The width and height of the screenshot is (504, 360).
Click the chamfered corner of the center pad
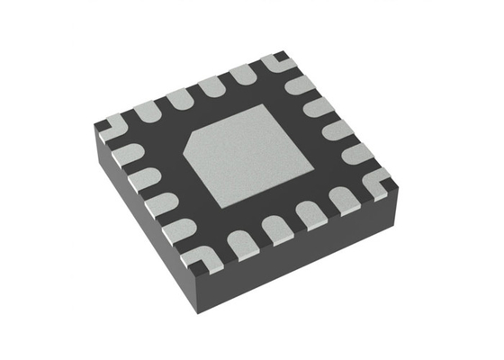coord(191,143)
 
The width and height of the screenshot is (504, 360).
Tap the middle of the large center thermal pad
coord(246,152)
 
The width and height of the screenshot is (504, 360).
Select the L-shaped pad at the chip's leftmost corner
coord(110,125)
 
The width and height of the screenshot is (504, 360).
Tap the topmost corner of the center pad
coord(265,104)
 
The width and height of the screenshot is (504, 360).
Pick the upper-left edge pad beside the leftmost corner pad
coord(144,110)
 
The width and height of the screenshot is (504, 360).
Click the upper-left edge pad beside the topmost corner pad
coord(244,74)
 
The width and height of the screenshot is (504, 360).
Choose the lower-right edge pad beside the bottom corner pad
coord(239,242)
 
